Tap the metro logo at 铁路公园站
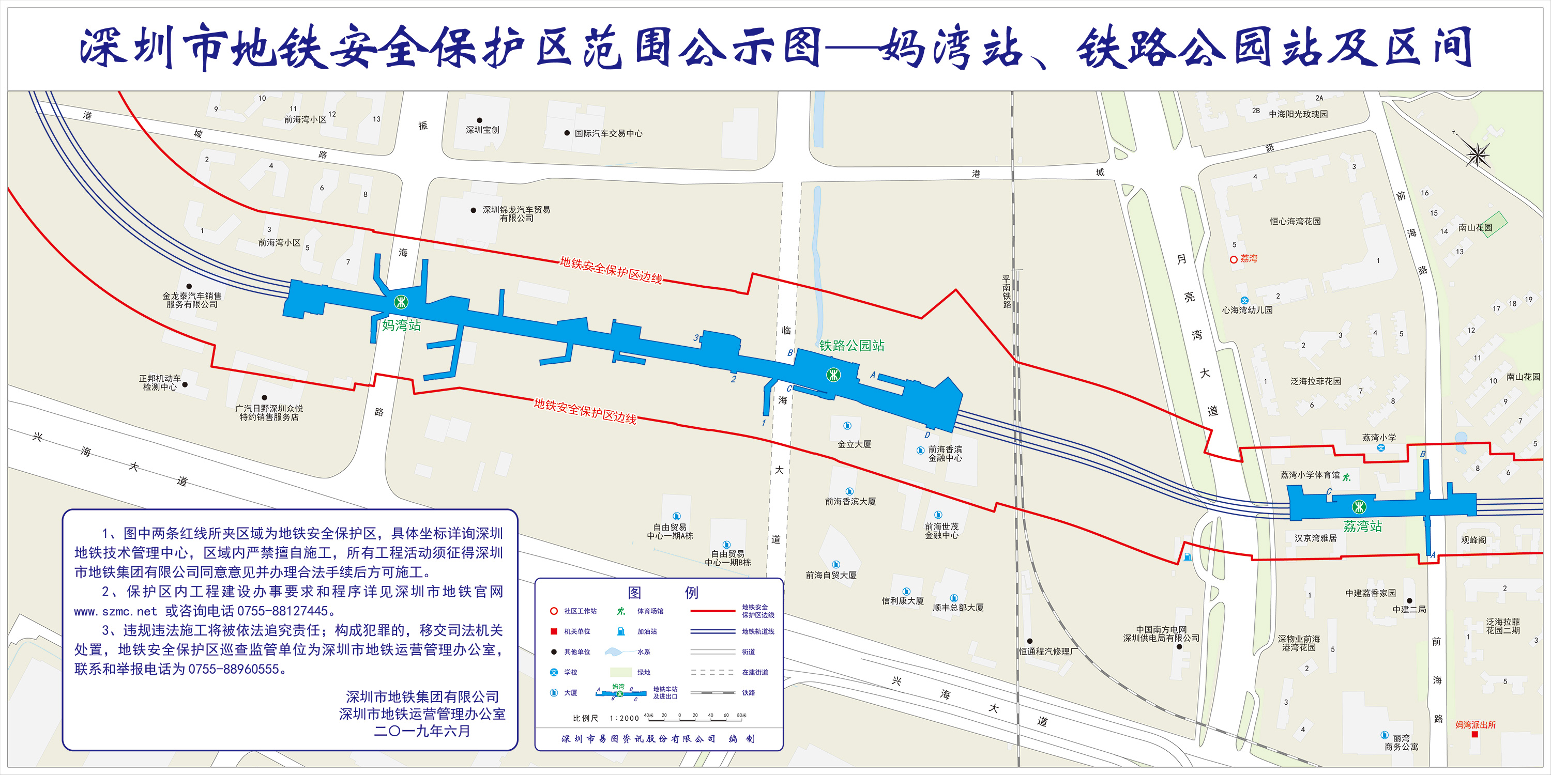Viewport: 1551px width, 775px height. pyautogui.click(x=833, y=375)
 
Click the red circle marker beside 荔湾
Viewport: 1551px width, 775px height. pyautogui.click(x=1233, y=259)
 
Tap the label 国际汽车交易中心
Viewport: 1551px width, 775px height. pyautogui.click(x=608, y=134)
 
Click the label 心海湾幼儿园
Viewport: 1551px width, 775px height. pyautogui.click(x=1247, y=311)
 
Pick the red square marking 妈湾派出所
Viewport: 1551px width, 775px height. pyautogui.click(x=1474, y=734)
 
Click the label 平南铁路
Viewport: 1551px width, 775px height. pyautogui.click(x=1006, y=292)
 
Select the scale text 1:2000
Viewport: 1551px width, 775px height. pyautogui.click(x=625, y=718)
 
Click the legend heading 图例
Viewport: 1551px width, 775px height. pyautogui.click(x=662, y=593)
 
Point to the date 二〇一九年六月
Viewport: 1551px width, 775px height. pyautogui.click(x=422, y=731)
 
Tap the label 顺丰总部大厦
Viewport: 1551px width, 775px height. pyautogui.click(x=958, y=608)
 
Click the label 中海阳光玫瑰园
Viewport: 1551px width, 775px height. pyautogui.click(x=1298, y=114)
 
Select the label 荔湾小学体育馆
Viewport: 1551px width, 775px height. pyautogui.click(x=1310, y=475)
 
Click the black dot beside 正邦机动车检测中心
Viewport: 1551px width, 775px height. pyautogui.click(x=185, y=384)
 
